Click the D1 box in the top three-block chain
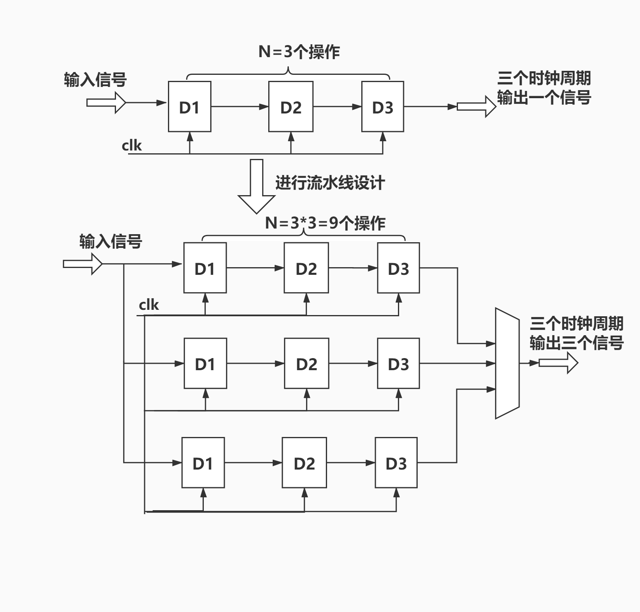[x=189, y=107]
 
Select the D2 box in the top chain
[x=291, y=107]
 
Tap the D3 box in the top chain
[x=382, y=107]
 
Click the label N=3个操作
[x=299, y=52]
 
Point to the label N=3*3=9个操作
[x=325, y=223]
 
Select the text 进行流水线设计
[x=330, y=183]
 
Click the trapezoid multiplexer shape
[x=507, y=363]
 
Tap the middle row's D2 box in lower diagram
[x=306, y=363]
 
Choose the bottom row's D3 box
[x=396, y=463]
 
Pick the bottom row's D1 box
[x=203, y=463]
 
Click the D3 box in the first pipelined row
[x=398, y=268]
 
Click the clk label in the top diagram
[x=132, y=146]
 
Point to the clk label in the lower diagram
[x=149, y=305]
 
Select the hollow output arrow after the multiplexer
[x=558, y=363]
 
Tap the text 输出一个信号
[x=544, y=98]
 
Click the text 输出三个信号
[x=576, y=343]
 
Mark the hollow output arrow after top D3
[x=476, y=107]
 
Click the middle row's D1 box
[x=205, y=363]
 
